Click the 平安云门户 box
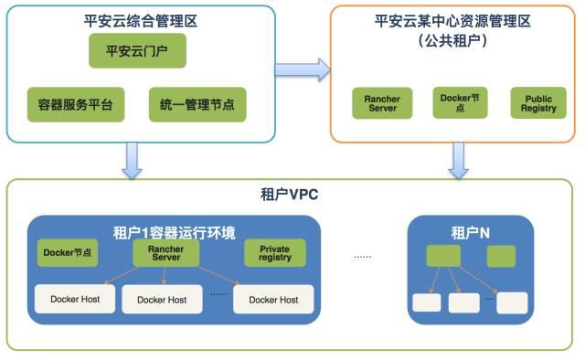pos(137,52)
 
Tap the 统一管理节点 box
pos(197,105)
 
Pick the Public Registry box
pos(537,103)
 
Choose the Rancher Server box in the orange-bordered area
pos(382,103)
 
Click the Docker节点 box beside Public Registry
pos(461,102)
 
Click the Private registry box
pos(274,253)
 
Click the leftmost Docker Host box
pos(75,298)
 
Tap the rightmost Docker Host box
pos(273,299)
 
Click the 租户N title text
pos(470,232)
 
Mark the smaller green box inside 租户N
pos(501,256)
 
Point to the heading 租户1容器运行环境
pos(173,231)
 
